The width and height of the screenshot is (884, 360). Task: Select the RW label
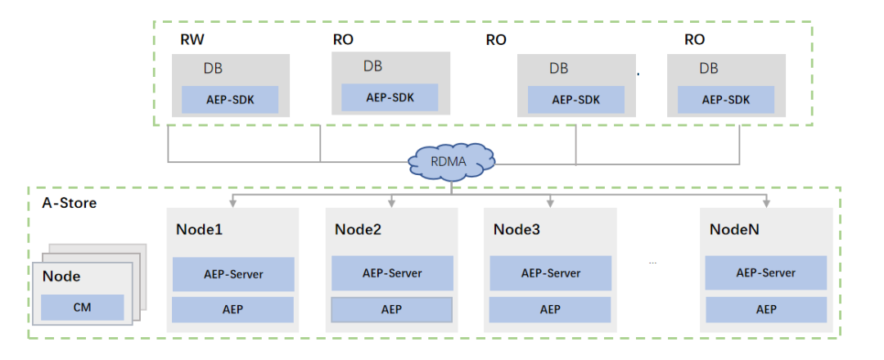point(192,39)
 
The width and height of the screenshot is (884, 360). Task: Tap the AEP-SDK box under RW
point(230,99)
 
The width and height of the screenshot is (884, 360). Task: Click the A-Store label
point(69,202)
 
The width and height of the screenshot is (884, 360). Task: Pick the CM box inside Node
point(83,308)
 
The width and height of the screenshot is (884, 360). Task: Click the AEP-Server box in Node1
point(233,274)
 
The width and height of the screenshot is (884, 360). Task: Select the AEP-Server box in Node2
point(392,272)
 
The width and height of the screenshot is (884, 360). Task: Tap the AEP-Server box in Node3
point(550,272)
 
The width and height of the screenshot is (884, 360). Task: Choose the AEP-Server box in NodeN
point(765,272)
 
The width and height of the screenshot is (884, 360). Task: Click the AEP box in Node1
point(233,309)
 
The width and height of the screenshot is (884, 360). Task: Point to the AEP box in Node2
point(392,309)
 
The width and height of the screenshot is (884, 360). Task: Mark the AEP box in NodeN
point(765,309)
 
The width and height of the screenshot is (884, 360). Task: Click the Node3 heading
point(516,229)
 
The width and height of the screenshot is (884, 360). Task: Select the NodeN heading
point(734,229)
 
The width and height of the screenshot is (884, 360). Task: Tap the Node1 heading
point(199,229)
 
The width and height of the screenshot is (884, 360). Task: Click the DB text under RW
point(212,69)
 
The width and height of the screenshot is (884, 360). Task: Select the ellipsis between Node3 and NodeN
point(652,263)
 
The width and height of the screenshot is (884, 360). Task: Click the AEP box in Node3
point(550,309)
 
